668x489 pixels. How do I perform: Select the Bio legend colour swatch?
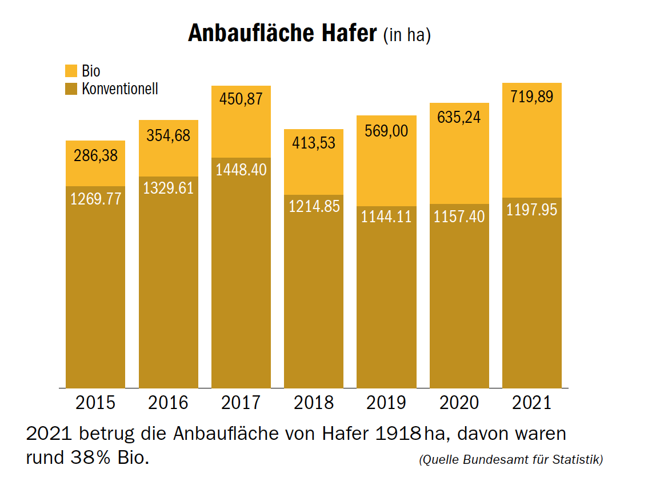point(71,71)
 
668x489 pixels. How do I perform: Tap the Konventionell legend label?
point(120,89)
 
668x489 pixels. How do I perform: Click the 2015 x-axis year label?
point(95,402)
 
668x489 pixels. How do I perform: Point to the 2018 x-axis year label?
point(314,402)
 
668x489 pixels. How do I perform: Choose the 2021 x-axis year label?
point(531,402)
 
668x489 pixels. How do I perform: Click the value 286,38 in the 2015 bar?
point(95,155)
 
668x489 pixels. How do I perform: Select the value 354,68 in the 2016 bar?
point(168,136)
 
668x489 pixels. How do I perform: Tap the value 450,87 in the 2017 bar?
point(241,98)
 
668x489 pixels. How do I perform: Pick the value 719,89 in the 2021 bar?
point(531,97)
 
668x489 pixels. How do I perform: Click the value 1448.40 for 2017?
point(241,170)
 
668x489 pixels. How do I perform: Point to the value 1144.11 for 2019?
point(386,217)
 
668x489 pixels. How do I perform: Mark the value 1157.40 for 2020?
point(459,217)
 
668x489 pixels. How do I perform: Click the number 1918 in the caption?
point(398,434)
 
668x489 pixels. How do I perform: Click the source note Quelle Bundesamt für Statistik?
point(511,459)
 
